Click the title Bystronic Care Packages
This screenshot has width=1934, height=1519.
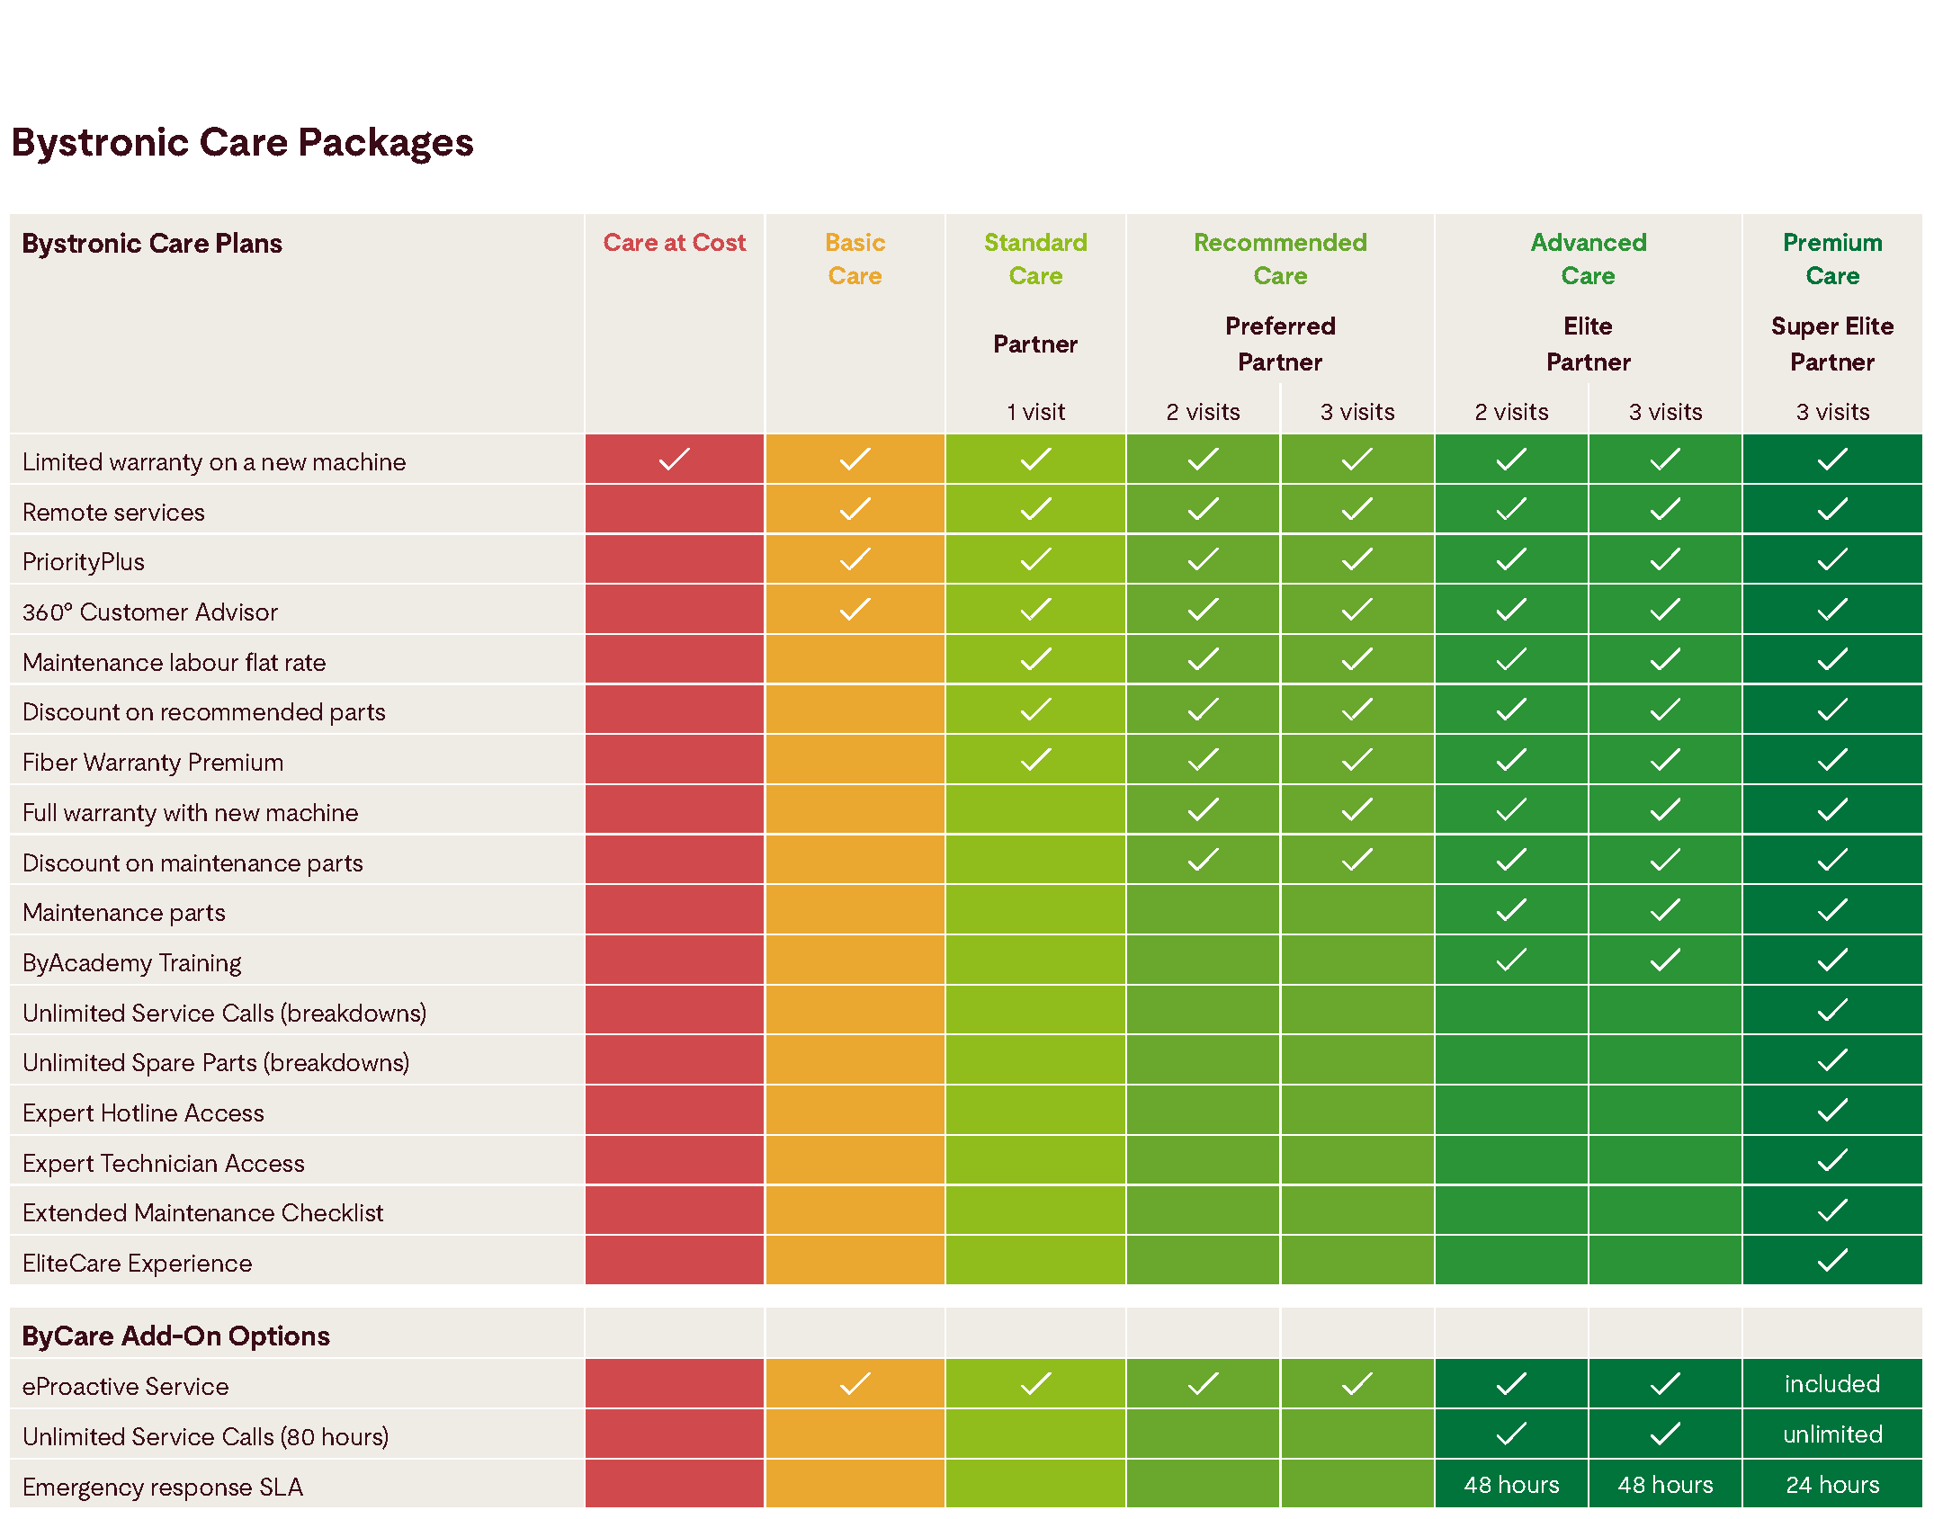tap(242, 143)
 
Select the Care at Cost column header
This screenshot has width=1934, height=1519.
tap(674, 243)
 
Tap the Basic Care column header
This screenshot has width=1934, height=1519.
tap(855, 259)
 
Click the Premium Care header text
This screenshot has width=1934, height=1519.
tap(1831, 259)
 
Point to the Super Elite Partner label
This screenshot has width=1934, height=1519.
tap(1831, 344)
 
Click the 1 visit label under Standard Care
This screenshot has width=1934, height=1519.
tap(1035, 412)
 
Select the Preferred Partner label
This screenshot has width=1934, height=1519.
tap(1279, 344)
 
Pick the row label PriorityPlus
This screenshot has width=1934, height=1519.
tap(84, 562)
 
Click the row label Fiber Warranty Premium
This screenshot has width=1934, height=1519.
tap(153, 763)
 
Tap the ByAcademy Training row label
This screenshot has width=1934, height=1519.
tap(132, 963)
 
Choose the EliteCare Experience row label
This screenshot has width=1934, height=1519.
tap(138, 1264)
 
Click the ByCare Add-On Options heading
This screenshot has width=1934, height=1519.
tap(176, 1336)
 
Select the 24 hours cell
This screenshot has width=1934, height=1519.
tap(1831, 1485)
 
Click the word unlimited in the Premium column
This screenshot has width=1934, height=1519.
tap(1831, 1434)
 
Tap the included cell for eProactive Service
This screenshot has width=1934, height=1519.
tap(1831, 1384)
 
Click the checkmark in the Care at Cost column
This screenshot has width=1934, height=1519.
tap(674, 460)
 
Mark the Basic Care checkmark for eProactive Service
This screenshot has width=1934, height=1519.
tap(855, 1384)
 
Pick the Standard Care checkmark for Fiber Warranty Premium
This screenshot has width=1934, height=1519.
tap(1035, 760)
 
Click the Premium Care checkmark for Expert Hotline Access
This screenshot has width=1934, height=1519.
tap(1831, 1111)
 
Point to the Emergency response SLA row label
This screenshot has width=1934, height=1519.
tap(163, 1488)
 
